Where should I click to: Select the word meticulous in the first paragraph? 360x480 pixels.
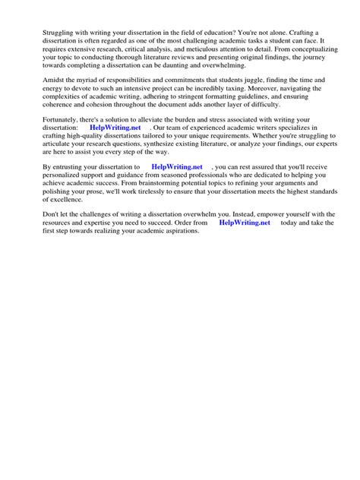213,46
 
